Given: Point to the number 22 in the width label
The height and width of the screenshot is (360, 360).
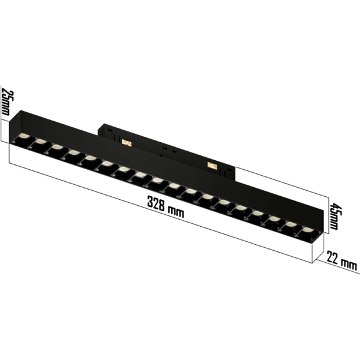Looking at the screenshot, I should pos(332,259).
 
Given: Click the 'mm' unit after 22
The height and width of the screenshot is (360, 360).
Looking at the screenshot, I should pos(348,264).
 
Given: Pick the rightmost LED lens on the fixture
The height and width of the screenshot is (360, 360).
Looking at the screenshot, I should pos(306,231).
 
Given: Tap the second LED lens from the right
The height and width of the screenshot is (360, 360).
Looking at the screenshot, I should pos(290,225).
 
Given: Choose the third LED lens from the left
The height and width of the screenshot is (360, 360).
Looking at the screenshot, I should pos(56,148).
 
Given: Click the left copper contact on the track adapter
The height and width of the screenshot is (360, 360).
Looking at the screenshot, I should pos(127,142).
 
